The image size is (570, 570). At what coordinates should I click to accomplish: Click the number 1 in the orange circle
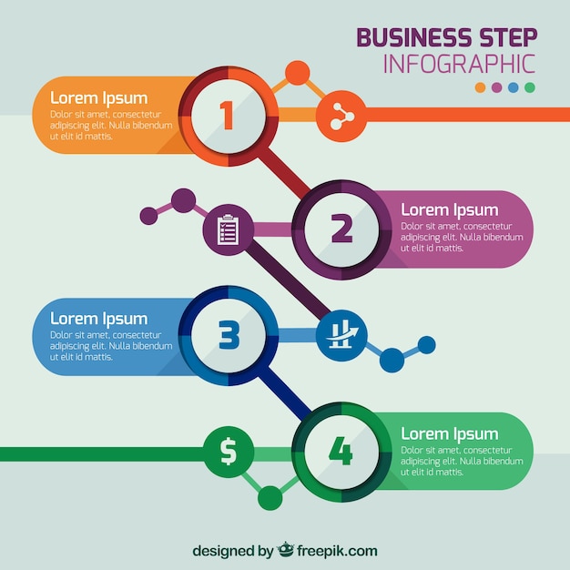click(227, 116)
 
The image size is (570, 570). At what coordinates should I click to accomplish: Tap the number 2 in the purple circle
click(341, 228)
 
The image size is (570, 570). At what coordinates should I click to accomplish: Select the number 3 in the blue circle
click(229, 335)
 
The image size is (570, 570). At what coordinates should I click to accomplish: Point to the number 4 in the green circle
click(341, 451)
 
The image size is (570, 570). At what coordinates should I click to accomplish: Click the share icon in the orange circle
click(341, 117)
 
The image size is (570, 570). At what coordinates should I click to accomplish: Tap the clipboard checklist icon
click(228, 229)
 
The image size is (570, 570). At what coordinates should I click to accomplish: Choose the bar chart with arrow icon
click(341, 335)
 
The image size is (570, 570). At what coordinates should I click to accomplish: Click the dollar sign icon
click(229, 451)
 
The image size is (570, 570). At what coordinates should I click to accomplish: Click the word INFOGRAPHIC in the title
click(459, 64)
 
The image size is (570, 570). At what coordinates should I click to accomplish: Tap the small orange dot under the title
click(480, 87)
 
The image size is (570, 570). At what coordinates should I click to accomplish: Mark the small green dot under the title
click(530, 87)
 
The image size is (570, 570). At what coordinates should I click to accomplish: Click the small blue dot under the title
click(514, 87)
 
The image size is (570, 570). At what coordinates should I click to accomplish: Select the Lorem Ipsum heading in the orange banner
click(99, 98)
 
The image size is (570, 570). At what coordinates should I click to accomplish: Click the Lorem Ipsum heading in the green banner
click(450, 434)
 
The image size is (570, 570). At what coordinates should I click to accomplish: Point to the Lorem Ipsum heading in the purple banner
click(450, 210)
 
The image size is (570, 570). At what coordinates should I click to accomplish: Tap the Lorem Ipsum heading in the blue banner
click(99, 319)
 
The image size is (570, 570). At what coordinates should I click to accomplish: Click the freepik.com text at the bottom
click(337, 551)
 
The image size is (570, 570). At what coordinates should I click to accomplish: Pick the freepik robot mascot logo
click(285, 549)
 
